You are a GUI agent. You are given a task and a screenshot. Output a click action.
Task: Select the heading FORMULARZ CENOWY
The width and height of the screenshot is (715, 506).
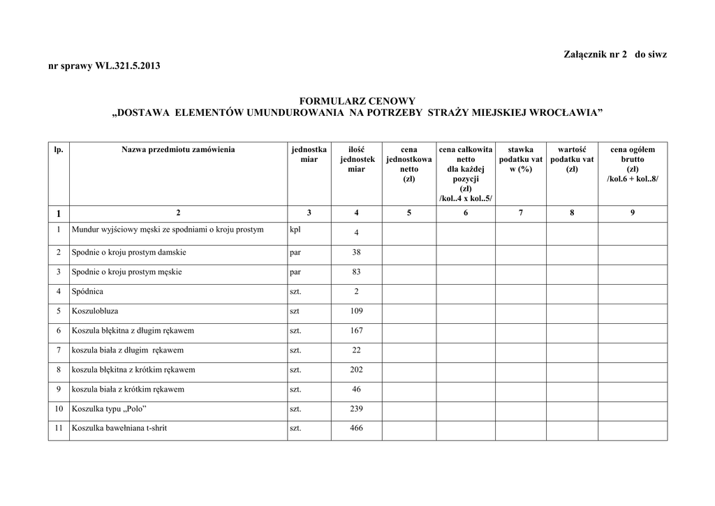[357, 101]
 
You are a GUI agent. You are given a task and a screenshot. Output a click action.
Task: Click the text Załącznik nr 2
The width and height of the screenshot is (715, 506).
[595, 54]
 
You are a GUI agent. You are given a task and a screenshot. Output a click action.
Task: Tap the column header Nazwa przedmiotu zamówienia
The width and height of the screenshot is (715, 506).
[178, 149]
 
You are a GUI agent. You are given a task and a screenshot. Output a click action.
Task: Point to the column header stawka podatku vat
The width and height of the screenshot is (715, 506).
[520, 159]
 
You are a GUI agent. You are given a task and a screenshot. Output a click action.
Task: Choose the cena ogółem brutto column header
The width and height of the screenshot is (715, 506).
[632, 164]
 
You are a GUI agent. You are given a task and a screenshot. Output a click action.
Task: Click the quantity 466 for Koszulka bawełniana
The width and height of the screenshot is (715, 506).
[356, 428]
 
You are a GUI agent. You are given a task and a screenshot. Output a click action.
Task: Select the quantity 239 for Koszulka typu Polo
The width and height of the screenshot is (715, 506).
[356, 408]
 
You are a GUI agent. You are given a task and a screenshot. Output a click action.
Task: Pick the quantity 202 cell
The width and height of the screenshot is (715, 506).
[356, 369]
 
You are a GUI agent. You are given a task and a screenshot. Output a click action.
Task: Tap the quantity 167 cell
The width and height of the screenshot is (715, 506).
[356, 330]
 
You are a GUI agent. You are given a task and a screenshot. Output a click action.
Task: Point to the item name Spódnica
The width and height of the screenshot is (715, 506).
[87, 291]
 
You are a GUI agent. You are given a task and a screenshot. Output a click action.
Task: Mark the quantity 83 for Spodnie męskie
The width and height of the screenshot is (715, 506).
[356, 271]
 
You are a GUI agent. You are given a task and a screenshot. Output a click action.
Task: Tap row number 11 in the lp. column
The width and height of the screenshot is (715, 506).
[59, 428]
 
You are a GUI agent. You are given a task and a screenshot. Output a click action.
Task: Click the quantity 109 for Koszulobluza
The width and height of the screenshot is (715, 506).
[356, 311]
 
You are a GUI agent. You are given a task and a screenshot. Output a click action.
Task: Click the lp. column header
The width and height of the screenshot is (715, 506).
[59, 149]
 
